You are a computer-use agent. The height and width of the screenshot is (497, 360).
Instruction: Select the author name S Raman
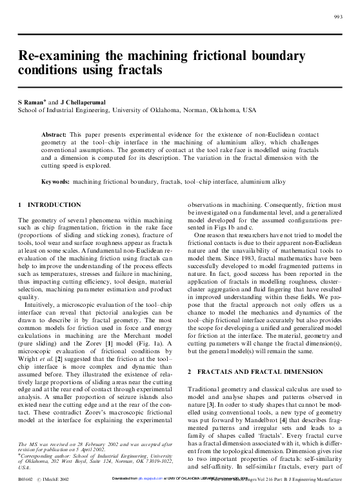click(x=32, y=102)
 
